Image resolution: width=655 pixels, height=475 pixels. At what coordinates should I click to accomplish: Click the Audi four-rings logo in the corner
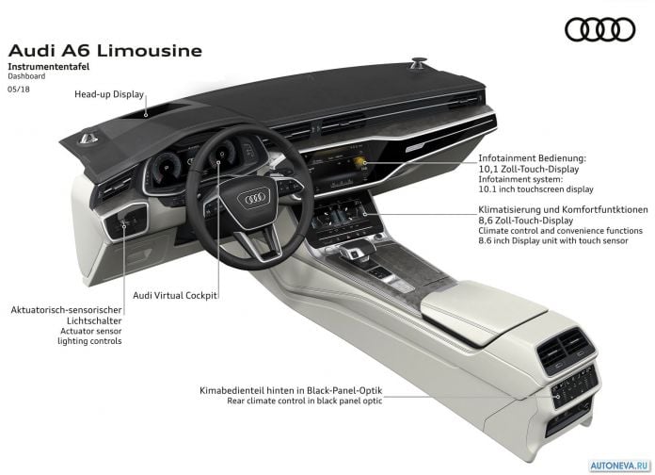pos(599,29)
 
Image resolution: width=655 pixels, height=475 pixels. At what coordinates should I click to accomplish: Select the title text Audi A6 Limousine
pos(105,51)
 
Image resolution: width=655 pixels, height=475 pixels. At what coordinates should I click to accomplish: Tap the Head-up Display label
pos(109,94)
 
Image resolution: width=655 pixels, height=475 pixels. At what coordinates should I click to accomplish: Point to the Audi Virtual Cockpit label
pos(175,296)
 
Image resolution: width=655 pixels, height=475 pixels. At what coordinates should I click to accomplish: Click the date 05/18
pos(19,90)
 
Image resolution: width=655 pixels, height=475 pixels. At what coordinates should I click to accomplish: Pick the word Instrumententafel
pos(48,67)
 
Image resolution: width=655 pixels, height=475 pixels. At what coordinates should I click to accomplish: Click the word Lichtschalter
pos(94,321)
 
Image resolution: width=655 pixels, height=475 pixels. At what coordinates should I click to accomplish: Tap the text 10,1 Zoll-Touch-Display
pos(529,169)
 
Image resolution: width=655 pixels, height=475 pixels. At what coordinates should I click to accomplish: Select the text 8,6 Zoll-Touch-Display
pos(526,221)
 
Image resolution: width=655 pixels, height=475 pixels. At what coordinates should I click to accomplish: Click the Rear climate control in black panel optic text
pos(305,401)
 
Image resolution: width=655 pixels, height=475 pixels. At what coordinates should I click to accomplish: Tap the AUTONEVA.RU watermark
pos(620,466)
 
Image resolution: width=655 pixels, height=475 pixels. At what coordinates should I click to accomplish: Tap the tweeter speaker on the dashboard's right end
pos(419,63)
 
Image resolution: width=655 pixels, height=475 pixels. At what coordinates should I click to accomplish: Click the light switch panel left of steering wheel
pos(126,221)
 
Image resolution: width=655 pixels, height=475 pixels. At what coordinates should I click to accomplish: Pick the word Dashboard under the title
pos(26,76)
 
